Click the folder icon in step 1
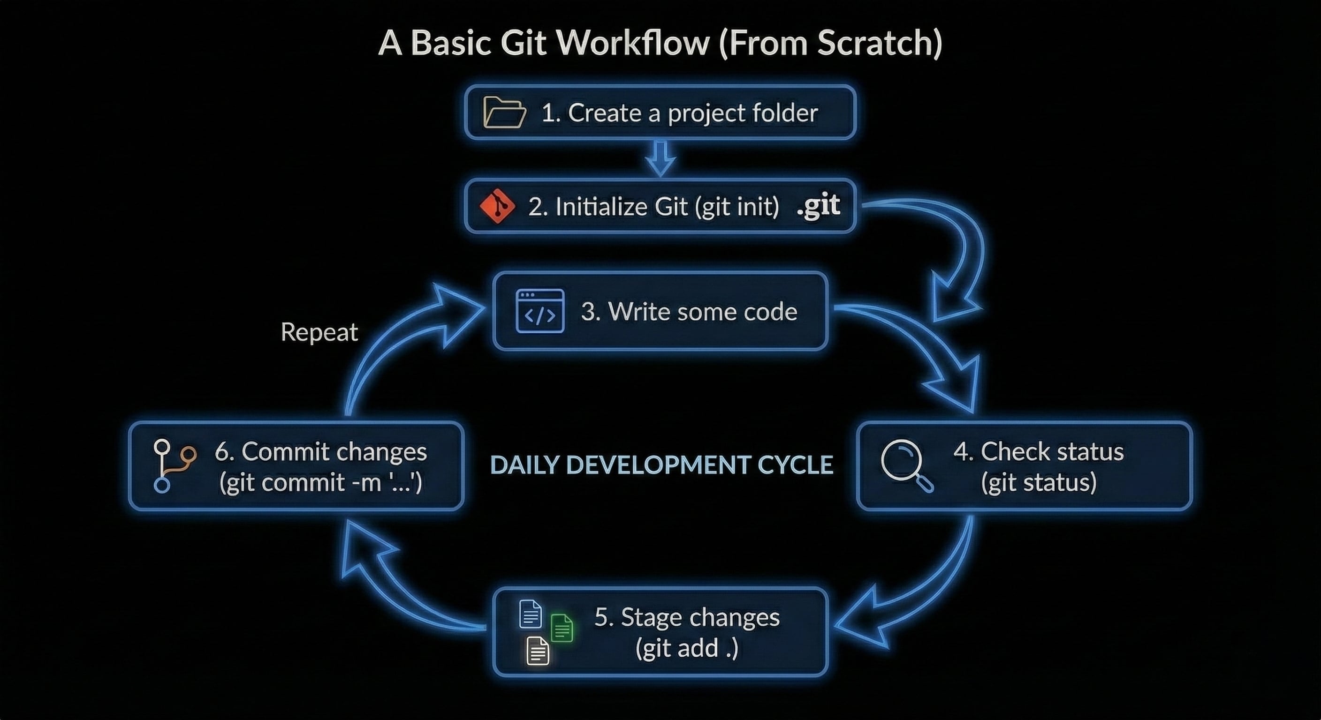pyautogui.click(x=505, y=112)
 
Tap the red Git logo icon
pyautogui.click(x=496, y=206)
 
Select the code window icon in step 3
pyautogui.click(x=539, y=311)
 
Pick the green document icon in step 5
pyautogui.click(x=562, y=627)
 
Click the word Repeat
pyautogui.click(x=319, y=332)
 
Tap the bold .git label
pyautogui.click(x=819, y=206)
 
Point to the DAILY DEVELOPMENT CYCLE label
pyautogui.click(x=661, y=465)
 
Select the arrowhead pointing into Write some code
pyautogui.click(x=456, y=314)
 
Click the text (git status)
pyautogui.click(x=1039, y=483)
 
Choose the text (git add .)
pyautogui.click(x=687, y=649)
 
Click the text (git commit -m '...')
pyautogui.click(x=320, y=483)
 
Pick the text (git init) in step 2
pyautogui.click(x=737, y=207)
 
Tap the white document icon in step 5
pyautogui.click(x=538, y=651)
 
